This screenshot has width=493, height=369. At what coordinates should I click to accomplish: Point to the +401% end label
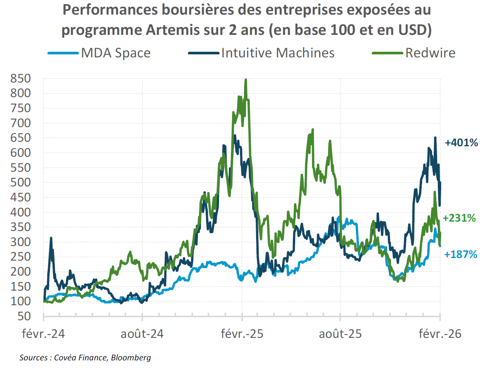pos(461,142)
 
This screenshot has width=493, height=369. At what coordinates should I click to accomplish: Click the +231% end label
pos(459,218)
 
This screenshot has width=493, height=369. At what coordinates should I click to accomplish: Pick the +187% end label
pos(460,254)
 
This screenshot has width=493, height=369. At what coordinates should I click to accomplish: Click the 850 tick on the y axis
pos(21,78)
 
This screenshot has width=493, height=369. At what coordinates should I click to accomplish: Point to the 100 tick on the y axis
pos(21,301)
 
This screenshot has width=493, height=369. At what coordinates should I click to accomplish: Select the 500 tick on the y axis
pos(21,182)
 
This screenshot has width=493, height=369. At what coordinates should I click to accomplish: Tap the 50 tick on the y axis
pos(24,316)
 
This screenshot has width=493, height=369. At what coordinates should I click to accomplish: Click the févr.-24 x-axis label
pos(44,333)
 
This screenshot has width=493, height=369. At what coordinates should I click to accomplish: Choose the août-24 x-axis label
pos(142,333)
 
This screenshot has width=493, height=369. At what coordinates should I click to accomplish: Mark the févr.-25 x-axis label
pos(242,333)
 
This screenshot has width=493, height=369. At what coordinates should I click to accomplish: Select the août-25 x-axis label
pos(340,333)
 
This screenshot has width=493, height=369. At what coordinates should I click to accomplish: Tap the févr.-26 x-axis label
pos(440,333)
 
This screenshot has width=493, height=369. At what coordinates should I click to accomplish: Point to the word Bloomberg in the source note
pos(131,357)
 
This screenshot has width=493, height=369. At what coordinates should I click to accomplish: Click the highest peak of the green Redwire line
pos(246,79)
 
